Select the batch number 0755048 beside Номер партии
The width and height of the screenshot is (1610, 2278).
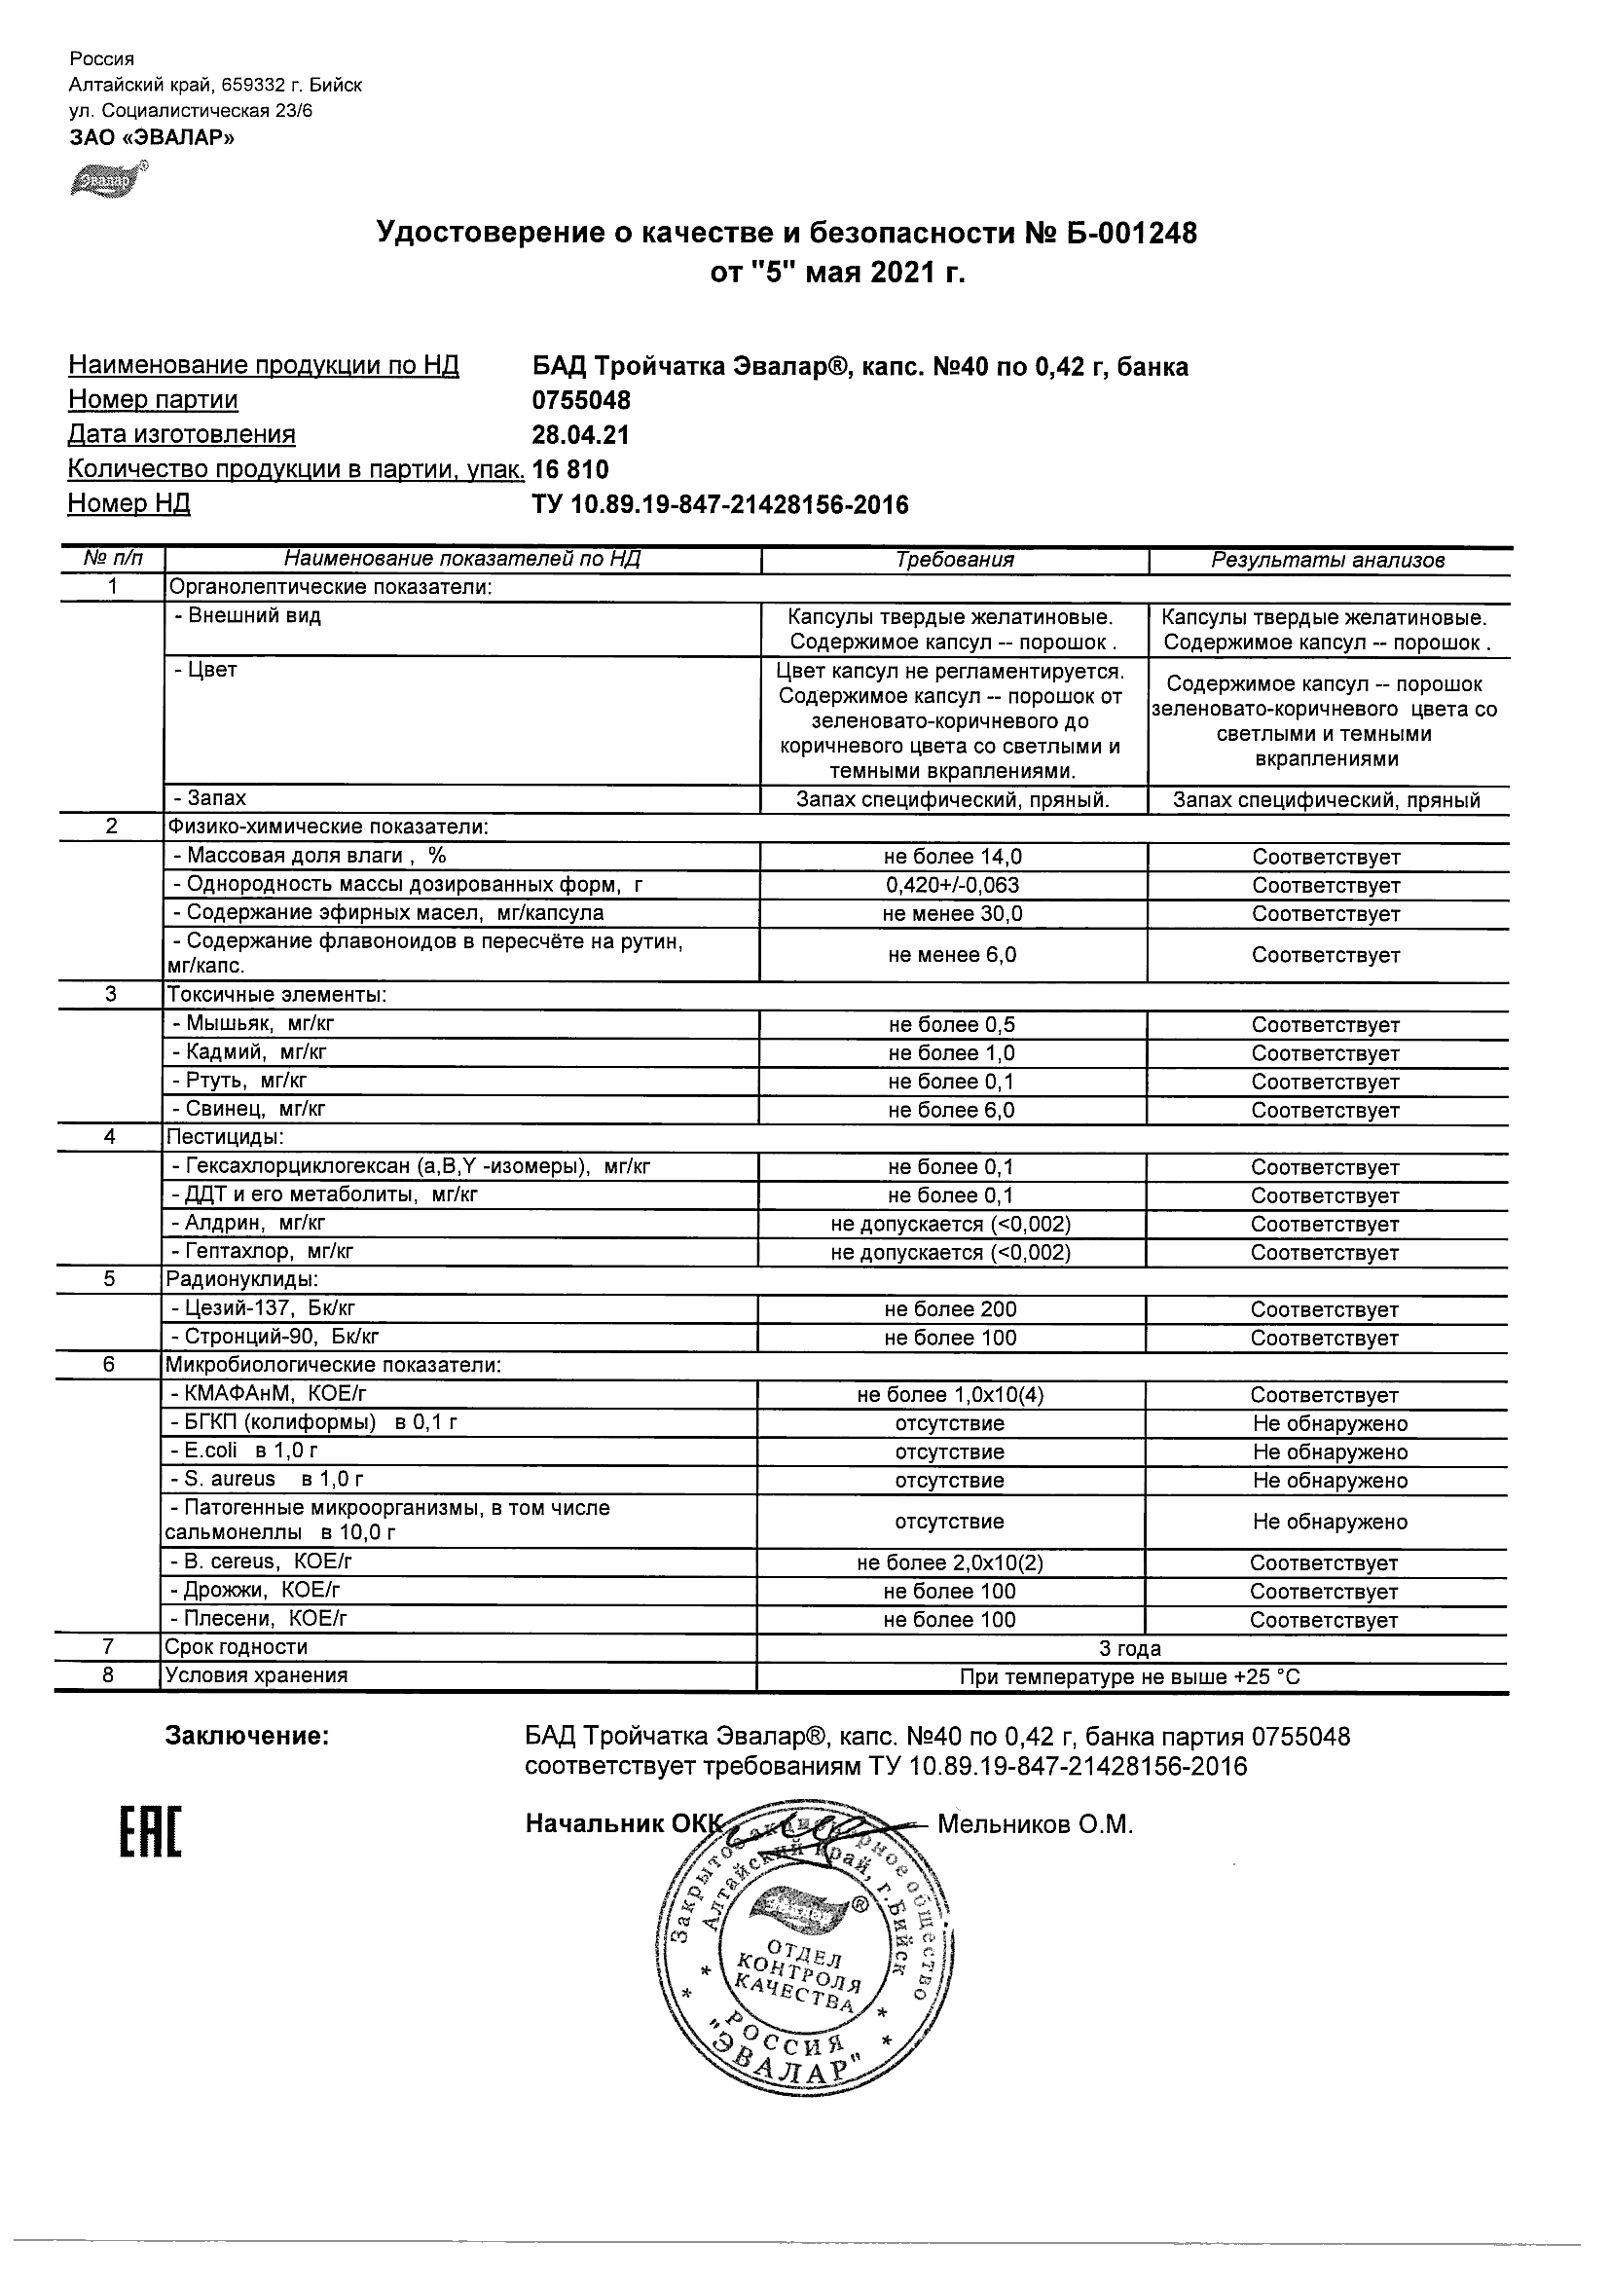[581, 401]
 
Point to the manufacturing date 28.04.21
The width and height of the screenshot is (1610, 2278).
[581, 434]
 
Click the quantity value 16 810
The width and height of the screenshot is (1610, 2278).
[570, 469]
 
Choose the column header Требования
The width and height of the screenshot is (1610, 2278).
[954, 560]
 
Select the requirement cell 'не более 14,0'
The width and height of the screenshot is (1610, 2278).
[952, 857]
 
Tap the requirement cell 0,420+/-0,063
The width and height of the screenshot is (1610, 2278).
[952, 885]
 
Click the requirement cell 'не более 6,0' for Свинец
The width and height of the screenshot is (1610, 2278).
[951, 1110]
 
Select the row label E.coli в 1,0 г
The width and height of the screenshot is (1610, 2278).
[244, 1451]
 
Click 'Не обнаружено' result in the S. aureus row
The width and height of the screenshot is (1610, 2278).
[1330, 1481]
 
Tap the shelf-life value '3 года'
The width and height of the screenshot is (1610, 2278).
[1130, 1648]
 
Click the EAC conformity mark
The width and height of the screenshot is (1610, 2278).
[151, 1831]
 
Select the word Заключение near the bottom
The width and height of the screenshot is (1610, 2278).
[246, 1736]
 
